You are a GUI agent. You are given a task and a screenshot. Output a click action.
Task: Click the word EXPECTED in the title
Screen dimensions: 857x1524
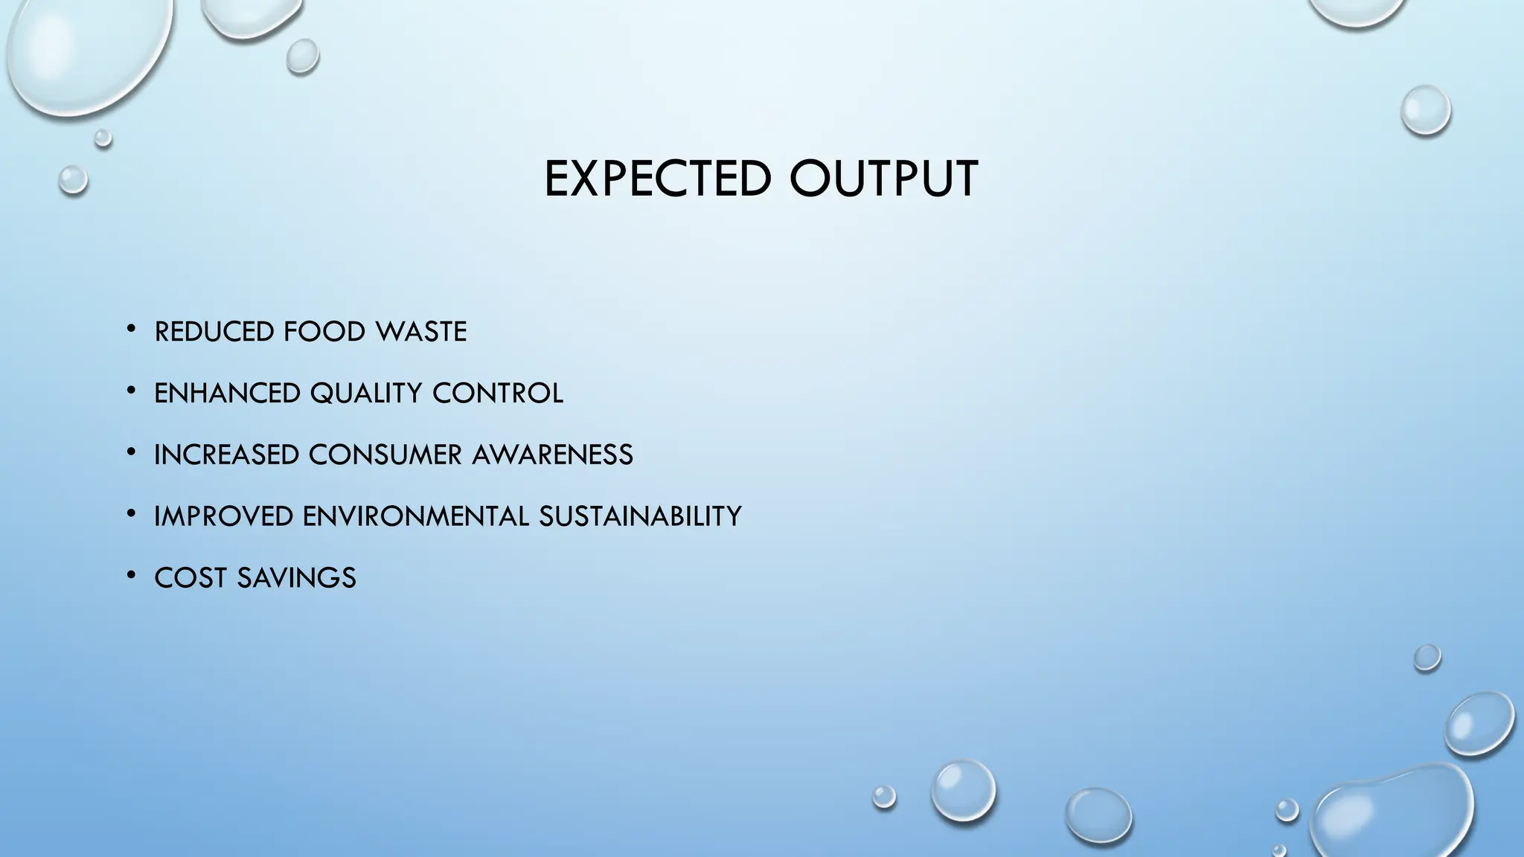tap(657, 179)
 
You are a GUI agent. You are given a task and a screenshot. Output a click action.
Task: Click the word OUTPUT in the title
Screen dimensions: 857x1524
tap(883, 179)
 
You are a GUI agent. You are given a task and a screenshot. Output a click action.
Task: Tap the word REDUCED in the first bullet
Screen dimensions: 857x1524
tap(214, 332)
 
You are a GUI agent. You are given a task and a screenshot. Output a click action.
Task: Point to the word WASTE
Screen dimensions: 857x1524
tap(420, 332)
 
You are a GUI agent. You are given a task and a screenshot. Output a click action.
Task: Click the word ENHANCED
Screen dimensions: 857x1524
tap(227, 393)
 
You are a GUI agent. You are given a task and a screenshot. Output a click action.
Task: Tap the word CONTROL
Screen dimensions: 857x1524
tap(497, 393)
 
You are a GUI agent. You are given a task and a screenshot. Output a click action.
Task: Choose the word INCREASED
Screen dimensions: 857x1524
tap(226, 455)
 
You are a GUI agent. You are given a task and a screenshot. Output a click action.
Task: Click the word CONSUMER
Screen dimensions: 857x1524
tap(385, 455)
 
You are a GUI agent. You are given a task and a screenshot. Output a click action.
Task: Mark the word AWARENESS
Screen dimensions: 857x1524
tap(552, 455)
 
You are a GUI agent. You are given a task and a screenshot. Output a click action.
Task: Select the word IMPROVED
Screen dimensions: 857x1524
tap(223, 516)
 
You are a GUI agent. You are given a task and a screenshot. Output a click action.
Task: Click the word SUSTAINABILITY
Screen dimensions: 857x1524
tap(640, 516)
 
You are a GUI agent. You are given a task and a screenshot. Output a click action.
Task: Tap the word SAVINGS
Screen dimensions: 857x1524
tap(296, 578)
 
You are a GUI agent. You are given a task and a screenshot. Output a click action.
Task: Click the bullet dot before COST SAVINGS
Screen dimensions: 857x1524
tap(131, 574)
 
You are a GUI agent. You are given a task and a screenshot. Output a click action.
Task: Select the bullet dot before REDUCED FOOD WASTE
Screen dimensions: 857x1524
tap(131, 328)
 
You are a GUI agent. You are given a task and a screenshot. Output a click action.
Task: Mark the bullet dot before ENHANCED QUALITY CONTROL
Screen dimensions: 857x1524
tap(131, 389)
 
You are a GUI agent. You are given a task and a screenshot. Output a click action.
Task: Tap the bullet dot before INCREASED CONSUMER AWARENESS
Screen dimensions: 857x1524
tap(131, 451)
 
